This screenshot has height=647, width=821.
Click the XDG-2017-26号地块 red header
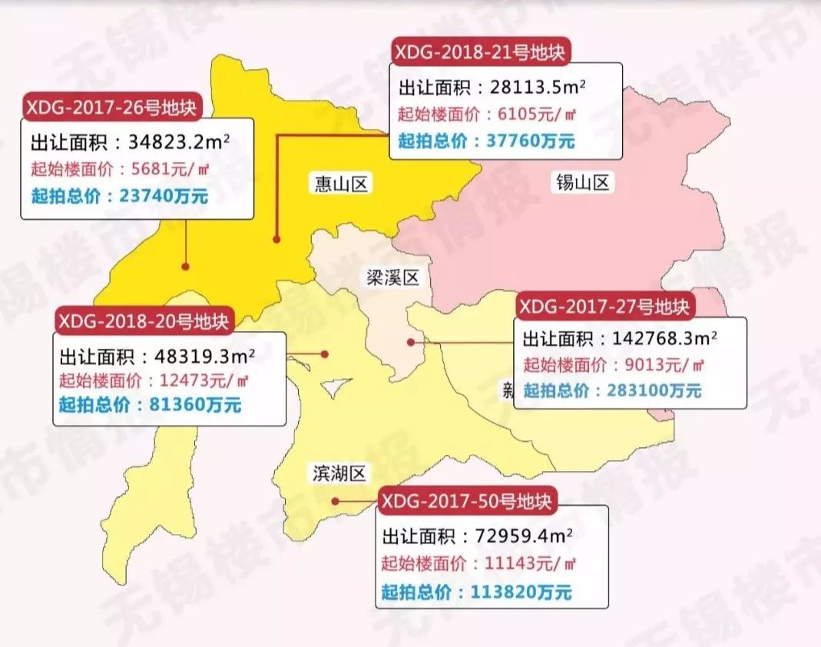pos(112,106)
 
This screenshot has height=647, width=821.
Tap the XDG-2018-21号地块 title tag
pos(481,52)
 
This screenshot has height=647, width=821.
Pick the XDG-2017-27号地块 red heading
pos(604,307)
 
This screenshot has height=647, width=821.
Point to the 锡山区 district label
pos(581,183)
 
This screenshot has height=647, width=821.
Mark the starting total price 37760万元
pos(530,141)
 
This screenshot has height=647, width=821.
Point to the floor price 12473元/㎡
pos(196,380)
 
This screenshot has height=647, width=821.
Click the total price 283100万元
pos(652,390)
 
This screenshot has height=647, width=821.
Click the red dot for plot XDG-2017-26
pos(185,266)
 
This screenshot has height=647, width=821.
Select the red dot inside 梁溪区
pos(411,342)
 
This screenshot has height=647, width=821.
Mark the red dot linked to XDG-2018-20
pos(325,354)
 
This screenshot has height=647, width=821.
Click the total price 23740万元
pos(164,196)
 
